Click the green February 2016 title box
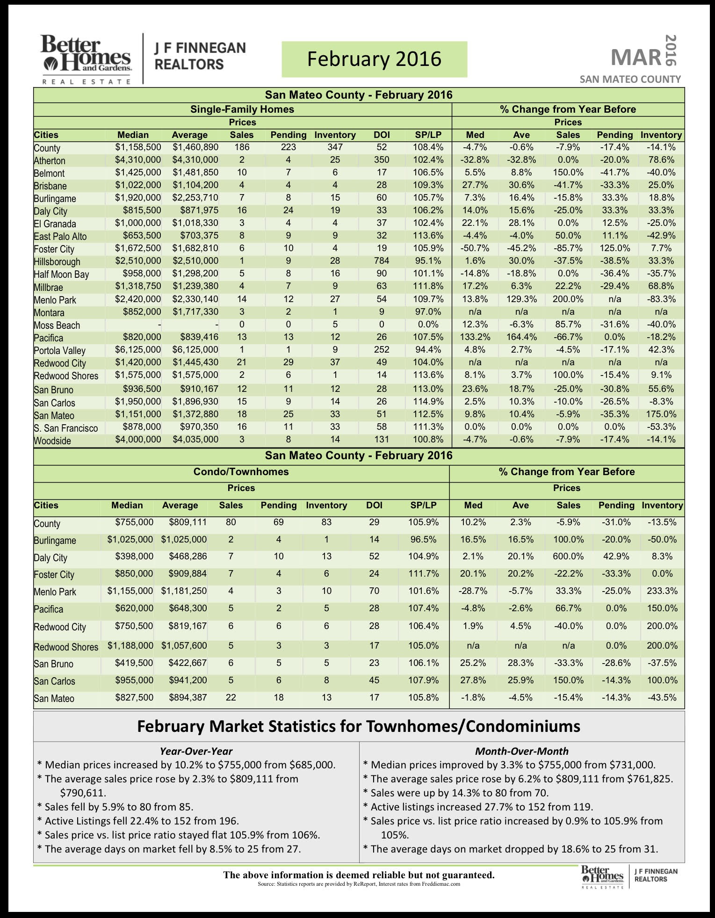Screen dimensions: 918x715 [374, 59]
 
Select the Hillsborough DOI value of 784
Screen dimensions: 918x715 [382, 261]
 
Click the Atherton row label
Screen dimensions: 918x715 [50, 161]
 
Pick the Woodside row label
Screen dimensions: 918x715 [52, 441]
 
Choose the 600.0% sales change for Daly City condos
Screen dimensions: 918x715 [568, 557]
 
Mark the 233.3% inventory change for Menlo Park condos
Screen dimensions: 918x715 [662, 591]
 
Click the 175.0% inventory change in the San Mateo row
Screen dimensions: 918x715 [661, 414]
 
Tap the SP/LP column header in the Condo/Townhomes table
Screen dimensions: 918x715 [423, 506]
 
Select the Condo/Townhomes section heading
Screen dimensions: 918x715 [241, 472]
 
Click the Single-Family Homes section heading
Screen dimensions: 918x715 [242, 109]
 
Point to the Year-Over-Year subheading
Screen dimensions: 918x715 [196, 751]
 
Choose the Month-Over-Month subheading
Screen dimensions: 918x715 [521, 751]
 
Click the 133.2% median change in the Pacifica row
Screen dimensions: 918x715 [475, 337]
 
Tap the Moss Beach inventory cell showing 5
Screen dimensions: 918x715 [335, 325]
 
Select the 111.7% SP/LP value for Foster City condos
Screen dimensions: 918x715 [423, 574]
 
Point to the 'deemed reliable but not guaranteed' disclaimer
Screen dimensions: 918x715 [359, 875]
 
